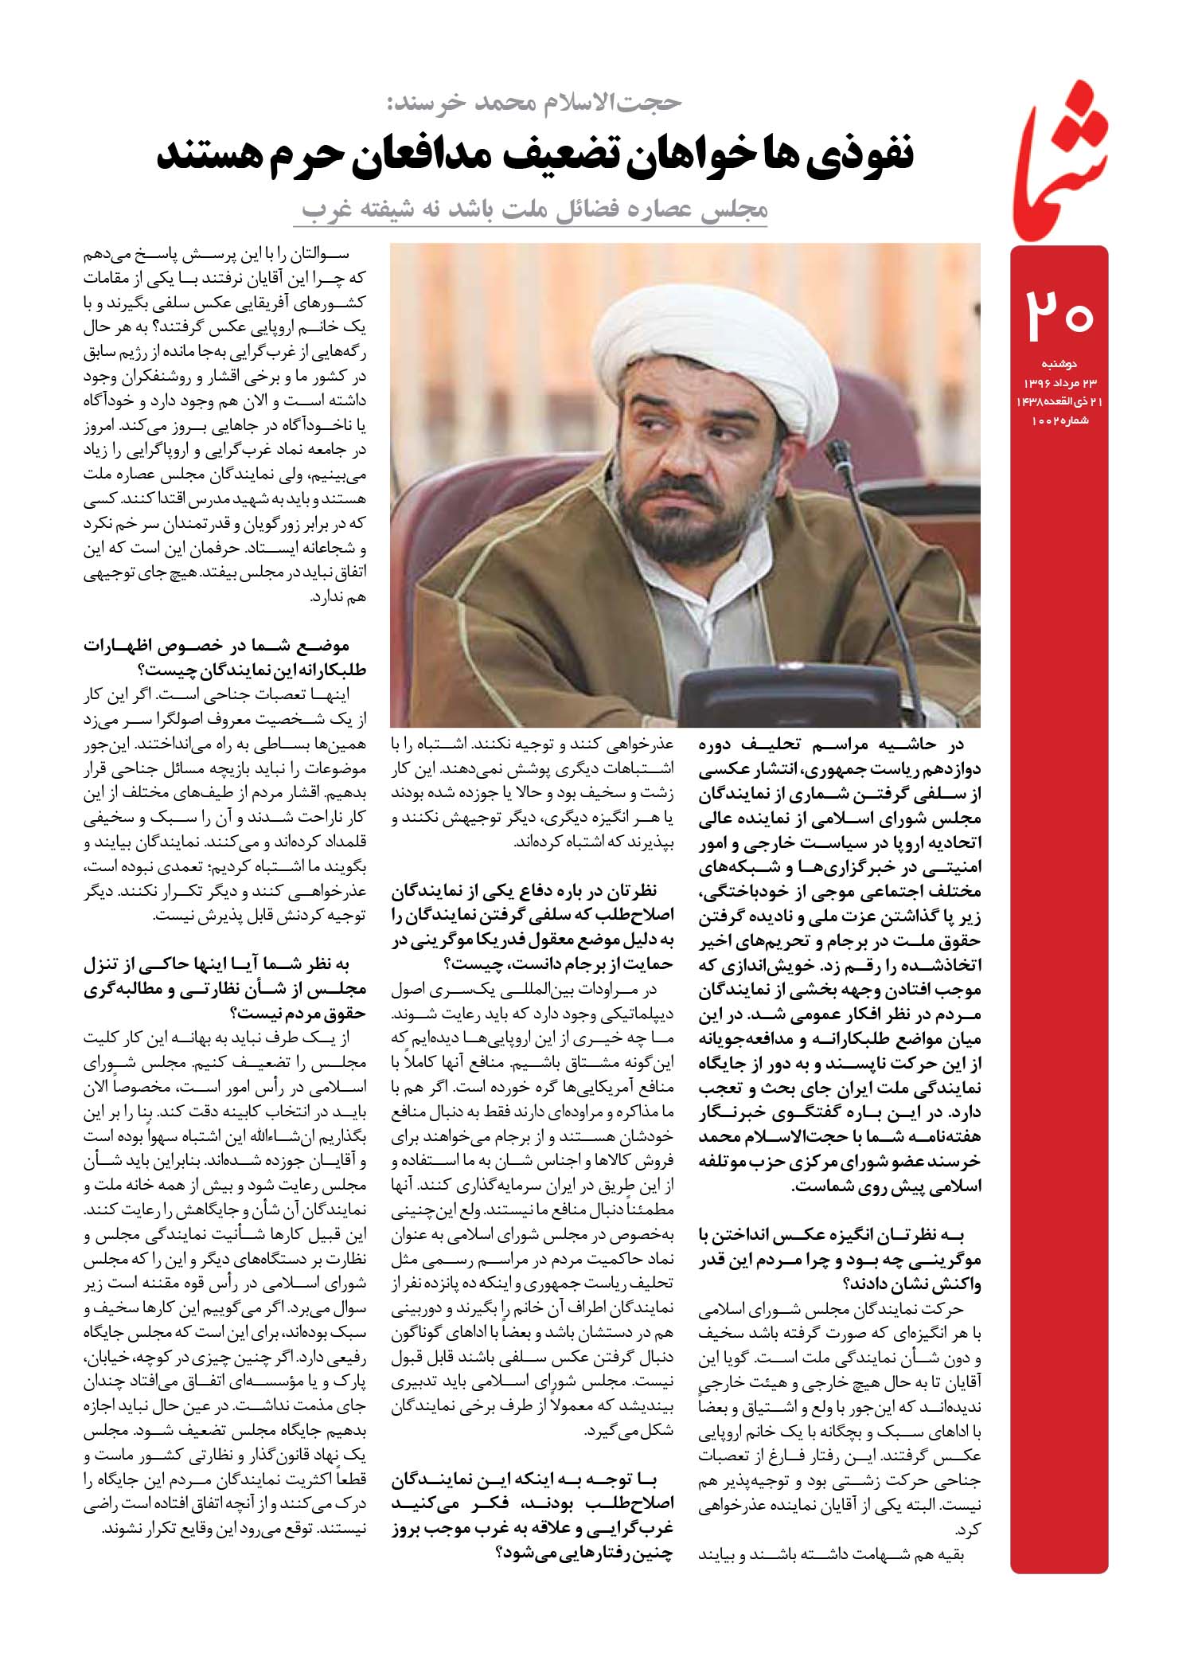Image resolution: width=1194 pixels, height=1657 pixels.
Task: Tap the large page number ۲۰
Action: click(x=1059, y=315)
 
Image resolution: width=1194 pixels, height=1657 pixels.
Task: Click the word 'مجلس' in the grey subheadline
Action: click(x=729, y=209)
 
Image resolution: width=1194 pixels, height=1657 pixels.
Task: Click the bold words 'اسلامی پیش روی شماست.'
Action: click(x=888, y=1185)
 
